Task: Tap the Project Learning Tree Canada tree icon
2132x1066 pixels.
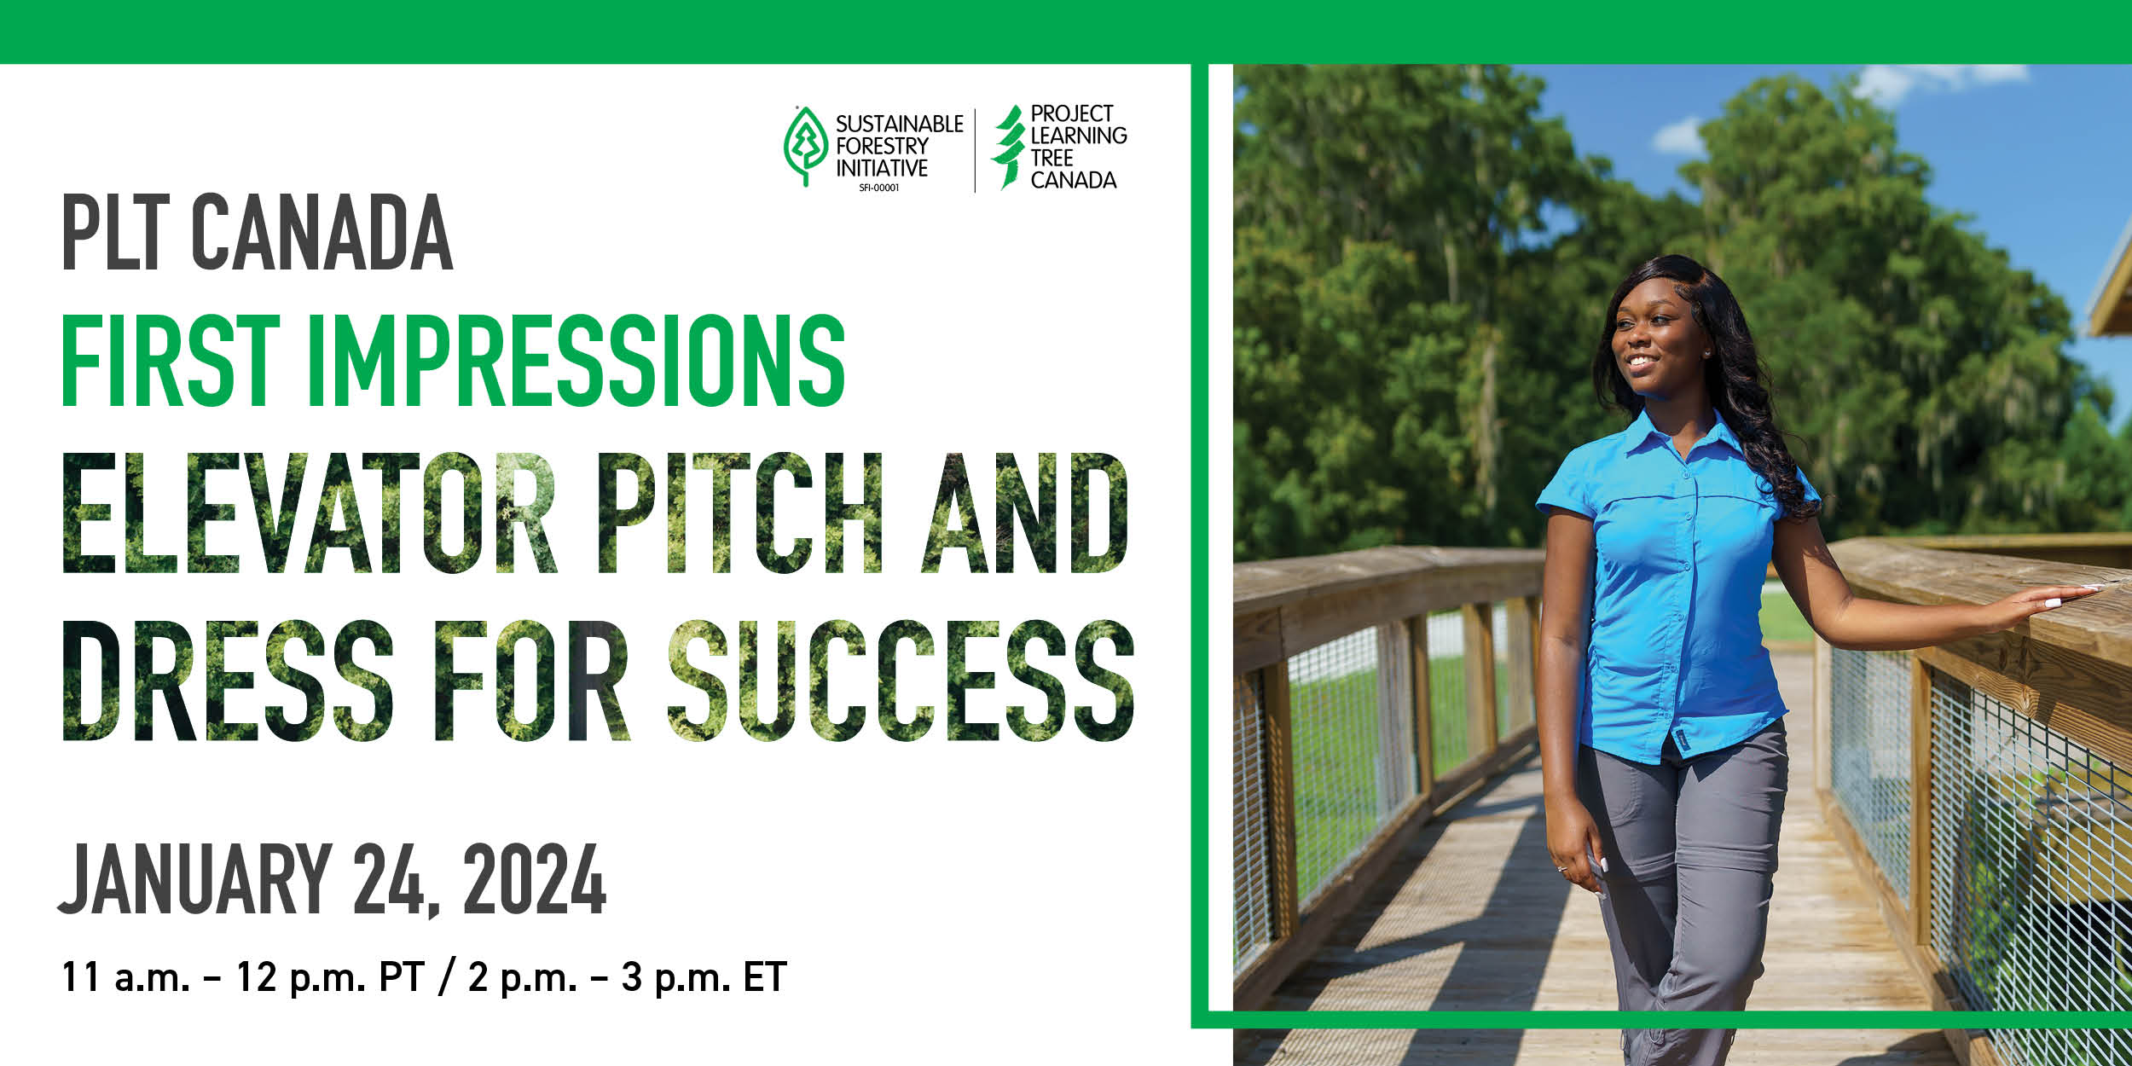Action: click(1009, 147)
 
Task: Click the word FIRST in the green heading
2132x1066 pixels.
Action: click(171, 360)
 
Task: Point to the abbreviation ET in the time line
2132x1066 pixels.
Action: click(764, 977)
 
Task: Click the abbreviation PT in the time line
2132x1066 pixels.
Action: click(402, 977)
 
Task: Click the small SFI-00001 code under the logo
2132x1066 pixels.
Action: click(879, 188)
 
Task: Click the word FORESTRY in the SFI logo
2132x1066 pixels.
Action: click(881, 146)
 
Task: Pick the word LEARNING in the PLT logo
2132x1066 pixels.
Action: click(1079, 136)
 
